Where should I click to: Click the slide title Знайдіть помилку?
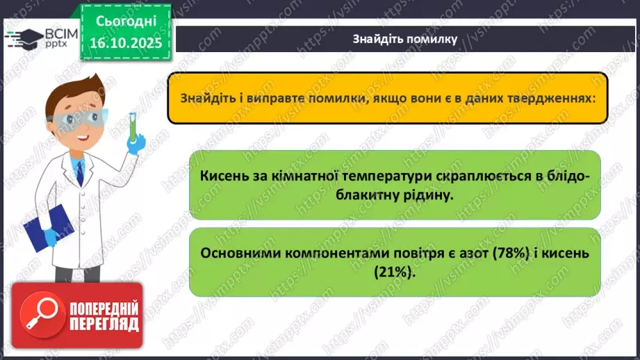(404, 39)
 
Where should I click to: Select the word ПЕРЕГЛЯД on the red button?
(104, 324)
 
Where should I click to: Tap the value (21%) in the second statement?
(395, 272)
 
